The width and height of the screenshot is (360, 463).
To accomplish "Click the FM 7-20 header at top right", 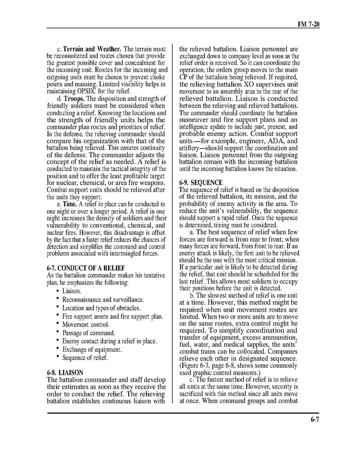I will [x=309, y=24].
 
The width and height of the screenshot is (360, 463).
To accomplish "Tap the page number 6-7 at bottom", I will [x=315, y=419].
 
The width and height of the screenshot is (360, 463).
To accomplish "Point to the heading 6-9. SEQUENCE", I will [x=201, y=183].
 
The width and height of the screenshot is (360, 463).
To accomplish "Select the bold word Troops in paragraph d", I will [x=75, y=98].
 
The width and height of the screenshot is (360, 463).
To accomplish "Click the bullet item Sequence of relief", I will [x=85, y=357].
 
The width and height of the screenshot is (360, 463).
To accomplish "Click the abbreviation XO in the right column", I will [x=256, y=84].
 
